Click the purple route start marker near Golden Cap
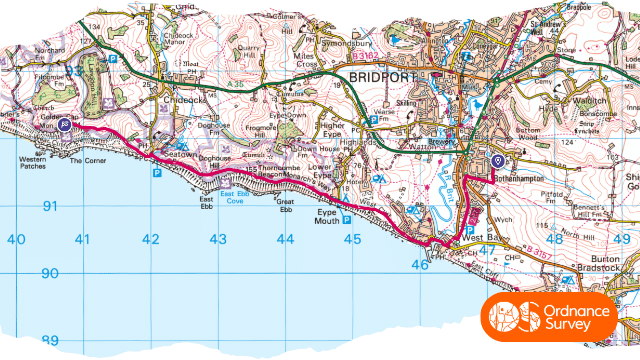point(64,125)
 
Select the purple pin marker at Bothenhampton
point(498,161)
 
